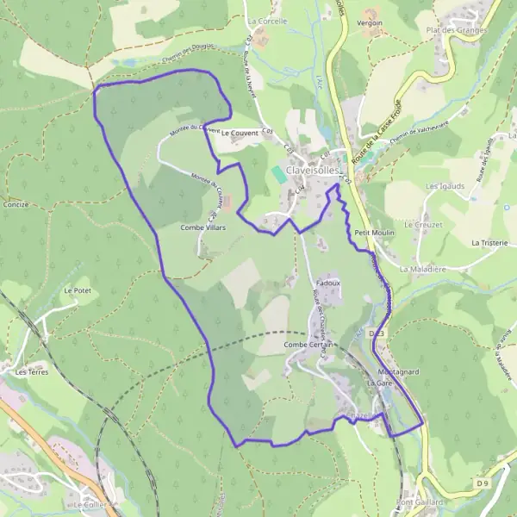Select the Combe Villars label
tap(202, 227)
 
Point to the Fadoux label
tap(329, 283)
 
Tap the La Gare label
tap(379, 382)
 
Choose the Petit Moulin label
tap(374, 233)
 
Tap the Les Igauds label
tap(445, 185)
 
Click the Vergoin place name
tap(370, 23)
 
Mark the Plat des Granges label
tap(457, 29)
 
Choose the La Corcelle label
tap(266, 21)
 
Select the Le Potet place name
tap(77, 291)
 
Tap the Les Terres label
tap(32, 372)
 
